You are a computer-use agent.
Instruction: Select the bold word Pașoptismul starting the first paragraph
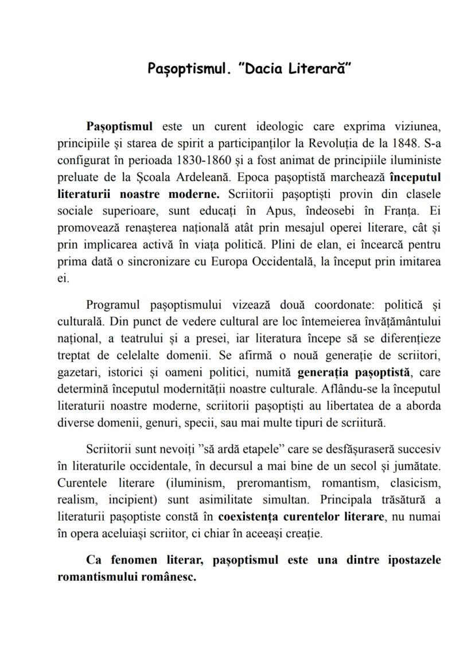tap(119, 126)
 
